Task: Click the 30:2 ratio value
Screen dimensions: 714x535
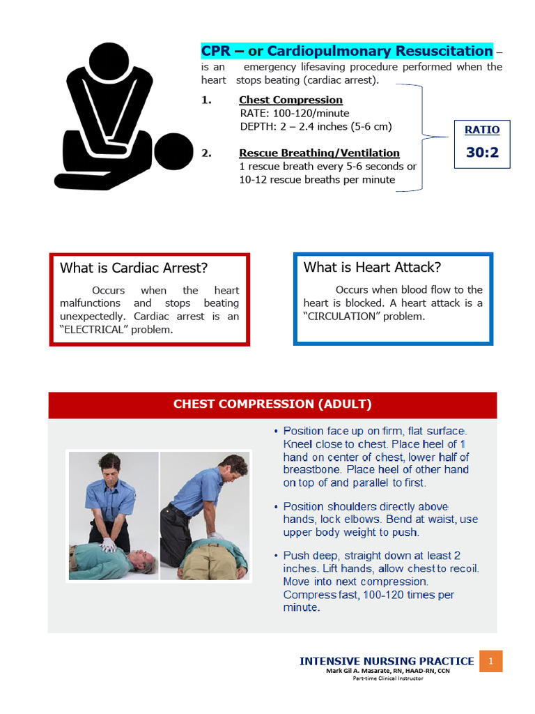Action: pyautogui.click(x=482, y=151)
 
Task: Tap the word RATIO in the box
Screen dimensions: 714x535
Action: pyautogui.click(x=482, y=130)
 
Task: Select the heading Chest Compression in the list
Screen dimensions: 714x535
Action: pyautogui.click(x=290, y=100)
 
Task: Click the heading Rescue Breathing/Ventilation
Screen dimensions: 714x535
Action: pyautogui.click(x=319, y=153)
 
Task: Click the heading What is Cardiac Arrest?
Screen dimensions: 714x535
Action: pyautogui.click(x=134, y=268)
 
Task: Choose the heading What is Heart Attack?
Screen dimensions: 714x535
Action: pyautogui.click(x=372, y=267)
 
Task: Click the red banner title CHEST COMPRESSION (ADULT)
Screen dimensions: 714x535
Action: pyautogui.click(x=272, y=404)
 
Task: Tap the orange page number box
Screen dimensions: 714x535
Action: pyautogui.click(x=490, y=661)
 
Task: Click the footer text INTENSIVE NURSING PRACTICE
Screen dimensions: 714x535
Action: pyautogui.click(x=387, y=661)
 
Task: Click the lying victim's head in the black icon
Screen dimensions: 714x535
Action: pyautogui.click(x=173, y=151)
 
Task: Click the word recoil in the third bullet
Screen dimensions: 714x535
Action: pyautogui.click(x=463, y=568)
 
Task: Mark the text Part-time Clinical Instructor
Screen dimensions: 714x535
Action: pyautogui.click(x=387, y=678)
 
